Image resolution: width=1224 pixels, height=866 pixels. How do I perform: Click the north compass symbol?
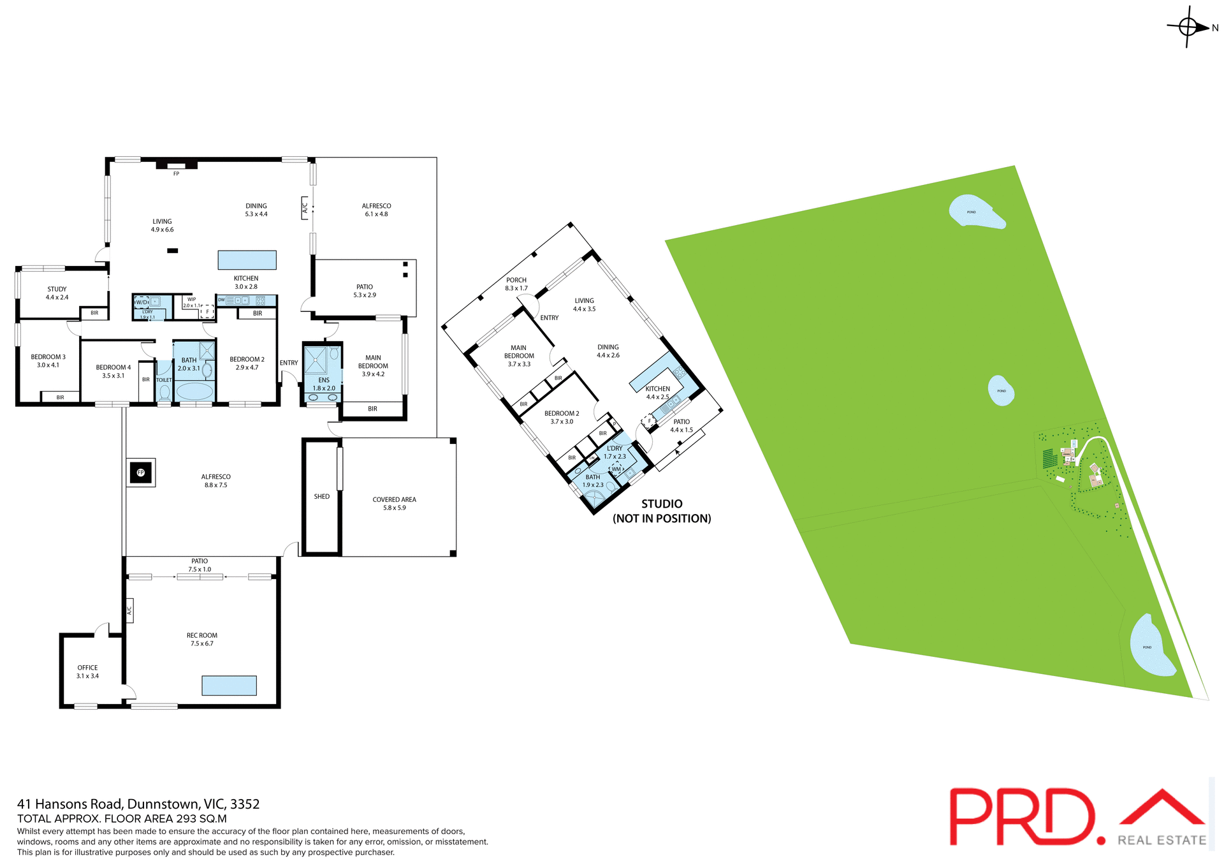1188,27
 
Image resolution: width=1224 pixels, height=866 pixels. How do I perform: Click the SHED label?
322,497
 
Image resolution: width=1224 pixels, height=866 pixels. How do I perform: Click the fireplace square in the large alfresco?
141,473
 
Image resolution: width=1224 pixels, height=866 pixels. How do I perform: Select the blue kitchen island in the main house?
247,260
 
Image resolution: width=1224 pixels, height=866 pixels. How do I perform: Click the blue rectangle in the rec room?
229,686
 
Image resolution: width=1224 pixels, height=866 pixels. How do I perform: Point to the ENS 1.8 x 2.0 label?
324,385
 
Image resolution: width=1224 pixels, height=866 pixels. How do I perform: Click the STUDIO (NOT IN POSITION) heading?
662,511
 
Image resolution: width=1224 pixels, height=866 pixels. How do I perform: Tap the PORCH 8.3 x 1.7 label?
516,284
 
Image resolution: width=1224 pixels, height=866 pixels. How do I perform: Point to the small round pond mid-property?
1001,390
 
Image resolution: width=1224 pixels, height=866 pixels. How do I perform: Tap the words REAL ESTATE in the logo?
1162,840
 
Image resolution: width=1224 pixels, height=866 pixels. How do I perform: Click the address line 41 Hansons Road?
138,804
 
